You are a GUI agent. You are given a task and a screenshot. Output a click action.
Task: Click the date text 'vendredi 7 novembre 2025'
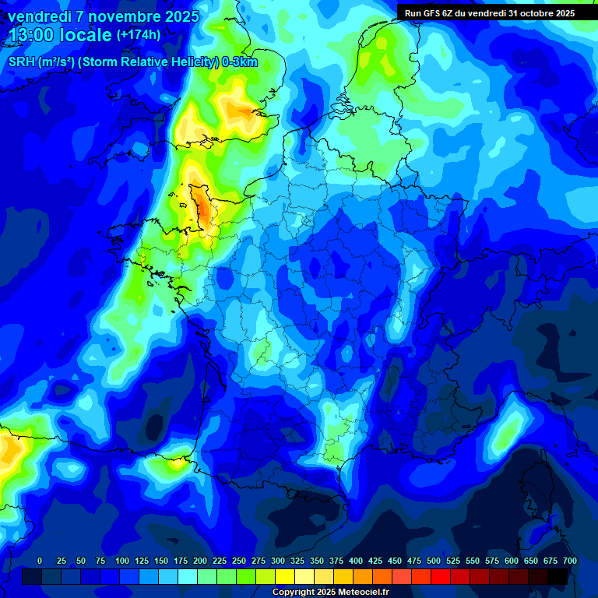[103, 16]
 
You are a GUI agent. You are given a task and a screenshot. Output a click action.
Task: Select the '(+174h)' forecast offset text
[138, 35]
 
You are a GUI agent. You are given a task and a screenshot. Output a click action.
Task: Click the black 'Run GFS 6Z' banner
[490, 12]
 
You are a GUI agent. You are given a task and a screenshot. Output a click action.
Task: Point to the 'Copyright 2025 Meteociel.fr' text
[330, 592]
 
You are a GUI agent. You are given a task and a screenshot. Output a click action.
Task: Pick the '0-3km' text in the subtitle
[240, 63]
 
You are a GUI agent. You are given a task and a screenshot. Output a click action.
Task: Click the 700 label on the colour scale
[569, 561]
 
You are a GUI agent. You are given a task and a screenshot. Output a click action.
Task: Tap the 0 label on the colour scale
[40, 561]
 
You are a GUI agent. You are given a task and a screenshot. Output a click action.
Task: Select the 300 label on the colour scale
[259, 561]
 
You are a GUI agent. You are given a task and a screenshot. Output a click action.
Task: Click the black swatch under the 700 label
[558, 576]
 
